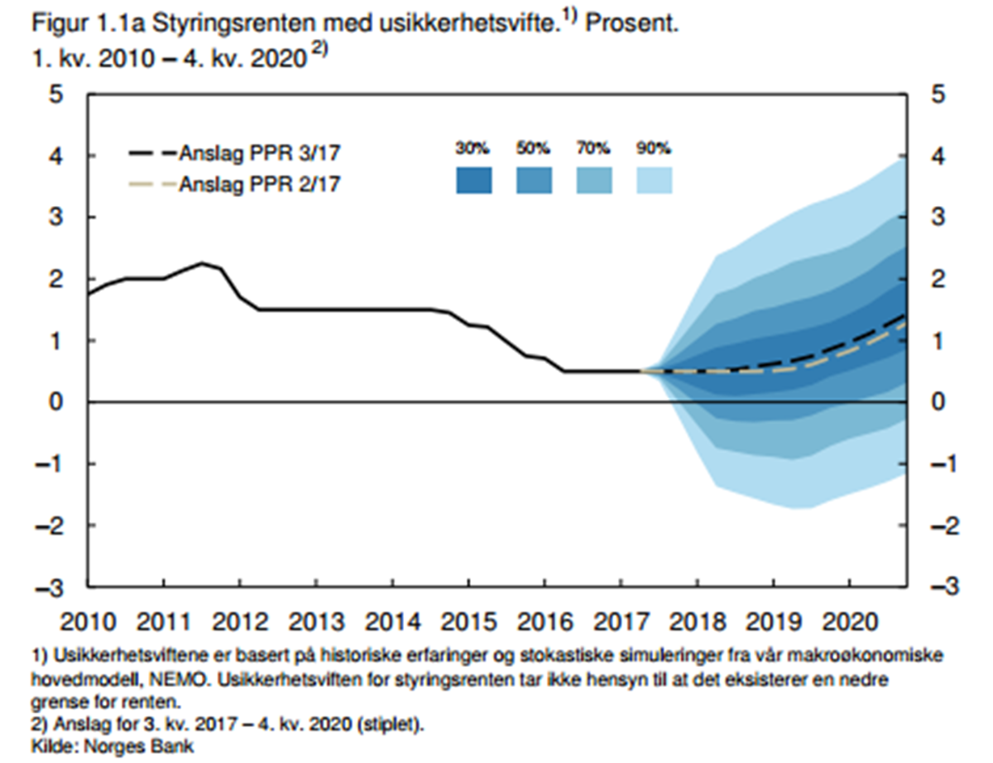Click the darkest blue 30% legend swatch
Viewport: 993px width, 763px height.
[473, 180]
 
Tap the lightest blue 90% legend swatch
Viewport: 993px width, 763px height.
[654, 180]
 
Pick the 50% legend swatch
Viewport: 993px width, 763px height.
[534, 180]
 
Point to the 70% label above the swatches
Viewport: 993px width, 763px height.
[593, 150]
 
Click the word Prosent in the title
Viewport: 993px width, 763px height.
[634, 24]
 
